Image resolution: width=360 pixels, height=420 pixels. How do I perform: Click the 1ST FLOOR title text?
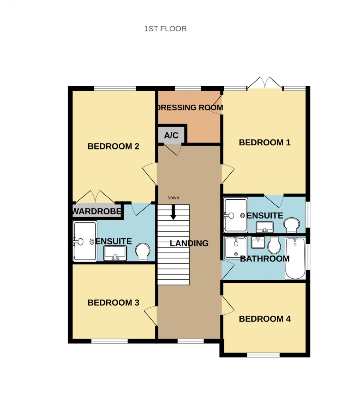165,29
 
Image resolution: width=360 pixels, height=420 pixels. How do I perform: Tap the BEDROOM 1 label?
264,142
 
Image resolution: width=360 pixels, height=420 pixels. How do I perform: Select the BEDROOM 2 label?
113,146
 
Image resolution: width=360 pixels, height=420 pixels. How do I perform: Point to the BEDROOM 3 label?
113,303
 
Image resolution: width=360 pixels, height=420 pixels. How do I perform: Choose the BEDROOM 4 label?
264,319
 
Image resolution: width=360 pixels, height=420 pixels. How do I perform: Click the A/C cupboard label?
171,135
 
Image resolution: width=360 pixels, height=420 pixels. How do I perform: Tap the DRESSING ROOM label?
190,108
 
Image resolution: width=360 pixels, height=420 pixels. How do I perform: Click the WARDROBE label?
97,211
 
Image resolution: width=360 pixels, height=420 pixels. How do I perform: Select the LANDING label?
189,243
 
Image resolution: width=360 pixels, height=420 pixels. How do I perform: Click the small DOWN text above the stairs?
173,198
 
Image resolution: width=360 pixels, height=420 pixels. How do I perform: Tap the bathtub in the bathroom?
295,258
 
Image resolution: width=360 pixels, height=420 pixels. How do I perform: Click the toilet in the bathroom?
274,245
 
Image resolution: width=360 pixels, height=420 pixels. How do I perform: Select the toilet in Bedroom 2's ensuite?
143,252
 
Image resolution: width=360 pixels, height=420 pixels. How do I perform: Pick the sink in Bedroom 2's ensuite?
115,253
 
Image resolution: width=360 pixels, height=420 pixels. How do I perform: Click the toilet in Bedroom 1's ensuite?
292,225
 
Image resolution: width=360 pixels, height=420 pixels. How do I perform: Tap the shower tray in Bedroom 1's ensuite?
235,215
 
